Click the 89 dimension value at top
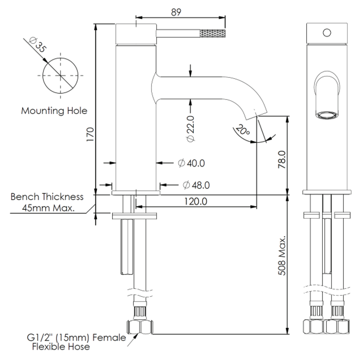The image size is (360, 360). (176, 12)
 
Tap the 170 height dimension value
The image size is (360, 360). (90, 135)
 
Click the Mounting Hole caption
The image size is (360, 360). (54, 111)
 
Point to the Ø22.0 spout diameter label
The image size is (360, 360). (191, 129)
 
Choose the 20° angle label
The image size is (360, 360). (242, 130)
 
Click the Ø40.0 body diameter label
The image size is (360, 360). (191, 163)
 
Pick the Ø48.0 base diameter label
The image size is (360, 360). (196, 185)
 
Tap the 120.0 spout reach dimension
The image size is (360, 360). (196, 202)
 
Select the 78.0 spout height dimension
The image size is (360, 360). (282, 160)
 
